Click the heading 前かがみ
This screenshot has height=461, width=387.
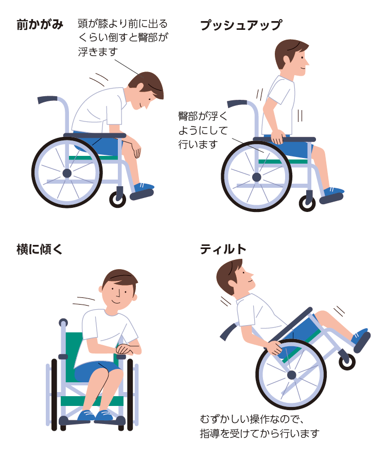click(x=40, y=25)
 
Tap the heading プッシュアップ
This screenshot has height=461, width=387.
click(x=241, y=25)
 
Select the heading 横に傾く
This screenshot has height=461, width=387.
click(x=40, y=250)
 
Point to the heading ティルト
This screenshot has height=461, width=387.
click(x=223, y=250)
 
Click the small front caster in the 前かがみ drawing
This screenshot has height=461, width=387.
click(x=118, y=200)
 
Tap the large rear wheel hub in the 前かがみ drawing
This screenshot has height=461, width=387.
click(x=67, y=173)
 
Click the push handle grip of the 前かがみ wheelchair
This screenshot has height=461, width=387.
click(x=47, y=99)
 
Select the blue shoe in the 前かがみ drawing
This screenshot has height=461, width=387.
click(x=143, y=191)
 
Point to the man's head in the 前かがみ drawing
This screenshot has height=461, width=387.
click(x=146, y=90)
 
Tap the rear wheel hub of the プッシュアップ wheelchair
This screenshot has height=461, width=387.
click(x=257, y=178)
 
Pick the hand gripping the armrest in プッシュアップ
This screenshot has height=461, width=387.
click(x=277, y=137)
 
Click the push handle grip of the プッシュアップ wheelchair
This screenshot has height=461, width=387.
click(x=237, y=103)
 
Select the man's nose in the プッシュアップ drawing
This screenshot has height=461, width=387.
click(x=307, y=63)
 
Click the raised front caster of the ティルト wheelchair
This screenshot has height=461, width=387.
click(x=347, y=362)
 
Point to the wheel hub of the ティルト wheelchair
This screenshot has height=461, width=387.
click(x=291, y=375)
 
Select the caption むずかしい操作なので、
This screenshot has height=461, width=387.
click(x=252, y=419)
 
